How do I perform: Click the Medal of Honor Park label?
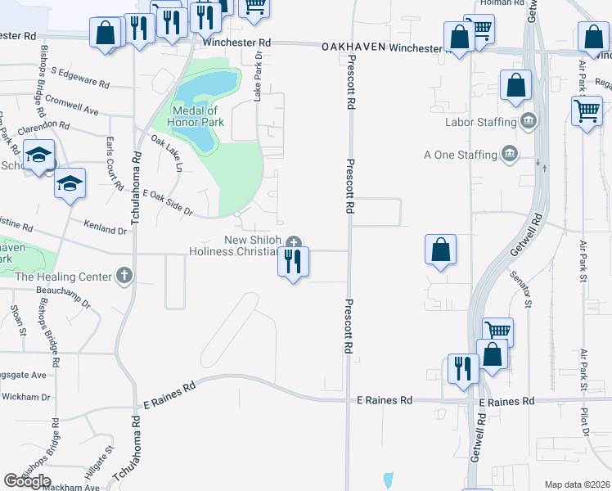195,116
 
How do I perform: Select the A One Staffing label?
460,155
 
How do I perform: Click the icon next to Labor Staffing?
529,123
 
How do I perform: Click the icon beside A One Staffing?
510,154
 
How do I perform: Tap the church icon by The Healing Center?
124,276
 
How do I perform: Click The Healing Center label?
63,277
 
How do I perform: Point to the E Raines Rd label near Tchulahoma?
169,395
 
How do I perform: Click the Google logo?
27,481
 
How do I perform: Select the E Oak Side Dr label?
167,202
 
